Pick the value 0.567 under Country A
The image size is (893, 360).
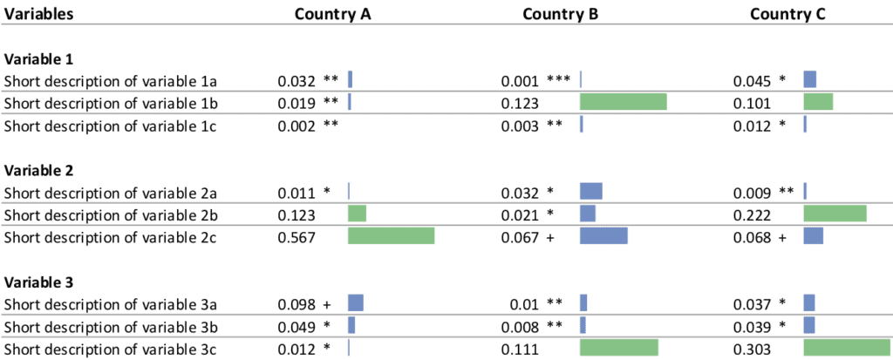(295, 236)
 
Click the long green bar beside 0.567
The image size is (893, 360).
(391, 236)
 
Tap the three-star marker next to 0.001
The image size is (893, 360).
(558, 81)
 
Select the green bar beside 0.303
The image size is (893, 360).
(846, 349)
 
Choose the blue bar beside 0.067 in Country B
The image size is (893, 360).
(603, 236)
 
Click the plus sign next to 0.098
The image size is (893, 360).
(327, 304)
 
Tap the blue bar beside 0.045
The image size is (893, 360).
(809, 80)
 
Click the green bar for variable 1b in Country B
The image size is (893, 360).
(624, 103)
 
